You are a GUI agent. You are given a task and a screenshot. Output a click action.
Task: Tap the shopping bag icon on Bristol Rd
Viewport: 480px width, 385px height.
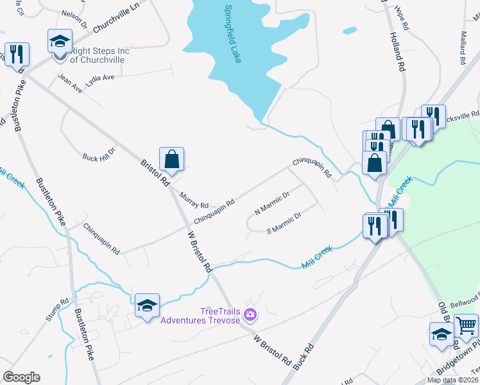(172, 158)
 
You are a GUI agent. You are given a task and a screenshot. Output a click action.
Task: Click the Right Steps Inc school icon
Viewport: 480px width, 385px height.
(60, 43)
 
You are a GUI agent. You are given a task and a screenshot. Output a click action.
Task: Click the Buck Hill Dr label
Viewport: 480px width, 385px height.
(99, 154)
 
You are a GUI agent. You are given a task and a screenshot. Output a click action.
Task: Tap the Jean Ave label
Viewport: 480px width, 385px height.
(71, 84)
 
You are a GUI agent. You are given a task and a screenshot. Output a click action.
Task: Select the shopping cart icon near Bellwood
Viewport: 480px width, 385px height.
(466, 325)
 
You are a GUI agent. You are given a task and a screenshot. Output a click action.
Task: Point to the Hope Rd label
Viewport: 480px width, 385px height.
(402, 18)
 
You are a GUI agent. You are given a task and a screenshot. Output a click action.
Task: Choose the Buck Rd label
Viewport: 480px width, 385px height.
(305, 355)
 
